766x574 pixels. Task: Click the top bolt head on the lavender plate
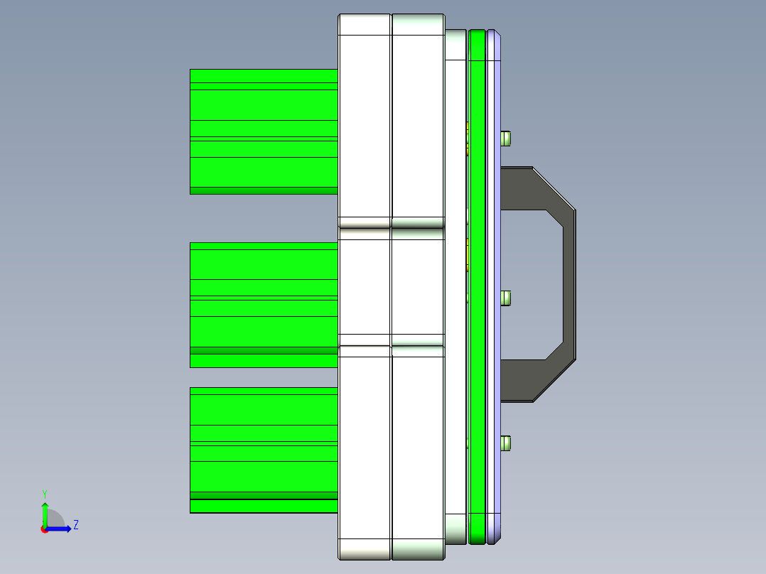coord(506,138)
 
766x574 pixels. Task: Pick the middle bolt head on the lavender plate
coord(506,298)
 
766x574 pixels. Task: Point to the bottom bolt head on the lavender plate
coord(506,443)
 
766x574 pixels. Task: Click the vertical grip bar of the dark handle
coord(569,284)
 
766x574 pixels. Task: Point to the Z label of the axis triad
coord(75,525)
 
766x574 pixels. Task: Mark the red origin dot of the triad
coord(44,529)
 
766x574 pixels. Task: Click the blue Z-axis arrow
coord(60,529)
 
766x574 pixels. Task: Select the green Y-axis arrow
coord(44,513)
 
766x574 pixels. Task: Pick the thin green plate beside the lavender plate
coord(477,284)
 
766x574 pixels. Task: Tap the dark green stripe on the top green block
coord(263,190)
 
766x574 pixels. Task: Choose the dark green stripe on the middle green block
coord(263,350)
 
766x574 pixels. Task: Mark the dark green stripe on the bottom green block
coord(263,495)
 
